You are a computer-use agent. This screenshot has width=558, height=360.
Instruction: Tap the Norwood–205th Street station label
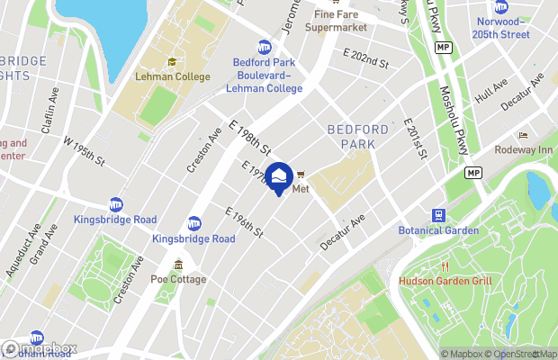[x=502, y=27]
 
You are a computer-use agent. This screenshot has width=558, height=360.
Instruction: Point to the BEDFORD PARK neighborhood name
[x=357, y=136]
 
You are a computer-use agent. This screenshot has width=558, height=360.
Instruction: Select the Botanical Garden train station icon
[x=438, y=215]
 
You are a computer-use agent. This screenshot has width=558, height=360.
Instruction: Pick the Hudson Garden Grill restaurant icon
[x=444, y=265]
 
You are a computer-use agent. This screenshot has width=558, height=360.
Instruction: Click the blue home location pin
[x=279, y=176]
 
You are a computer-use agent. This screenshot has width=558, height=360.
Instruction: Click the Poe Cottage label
[x=178, y=279]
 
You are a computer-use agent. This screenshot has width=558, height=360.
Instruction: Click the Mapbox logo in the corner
[x=38, y=348]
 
